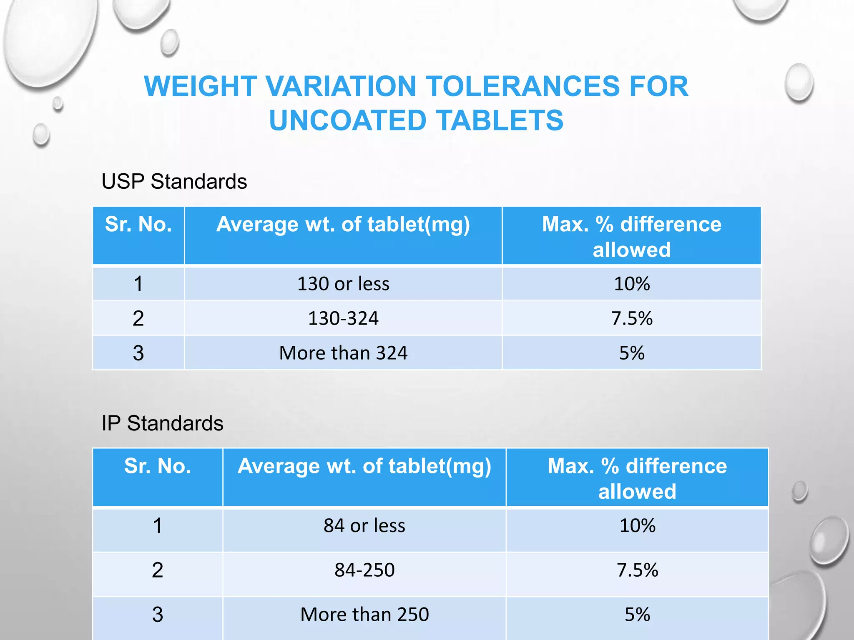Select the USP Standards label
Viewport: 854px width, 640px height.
[174, 182]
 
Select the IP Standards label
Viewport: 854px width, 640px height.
[162, 423]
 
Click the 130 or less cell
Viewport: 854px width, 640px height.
[343, 284]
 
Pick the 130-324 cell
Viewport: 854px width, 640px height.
[343, 318]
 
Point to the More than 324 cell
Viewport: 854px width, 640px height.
[343, 353]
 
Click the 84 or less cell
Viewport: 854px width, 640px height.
[364, 525]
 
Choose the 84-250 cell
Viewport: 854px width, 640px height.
[364, 570]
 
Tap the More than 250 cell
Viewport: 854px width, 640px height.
[364, 614]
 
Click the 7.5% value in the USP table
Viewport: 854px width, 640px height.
[632, 318]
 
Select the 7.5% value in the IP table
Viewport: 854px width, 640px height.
[637, 570]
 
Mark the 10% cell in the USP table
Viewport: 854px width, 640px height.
[632, 284]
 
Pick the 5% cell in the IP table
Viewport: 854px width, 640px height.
[637, 614]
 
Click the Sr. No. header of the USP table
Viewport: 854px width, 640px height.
[138, 225]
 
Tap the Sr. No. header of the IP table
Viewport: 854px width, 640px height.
[157, 466]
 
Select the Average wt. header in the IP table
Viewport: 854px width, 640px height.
[364, 466]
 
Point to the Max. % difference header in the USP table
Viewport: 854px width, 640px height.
[632, 236]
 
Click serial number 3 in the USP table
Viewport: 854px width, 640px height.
[138, 353]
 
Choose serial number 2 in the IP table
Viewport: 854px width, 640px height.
[157, 570]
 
